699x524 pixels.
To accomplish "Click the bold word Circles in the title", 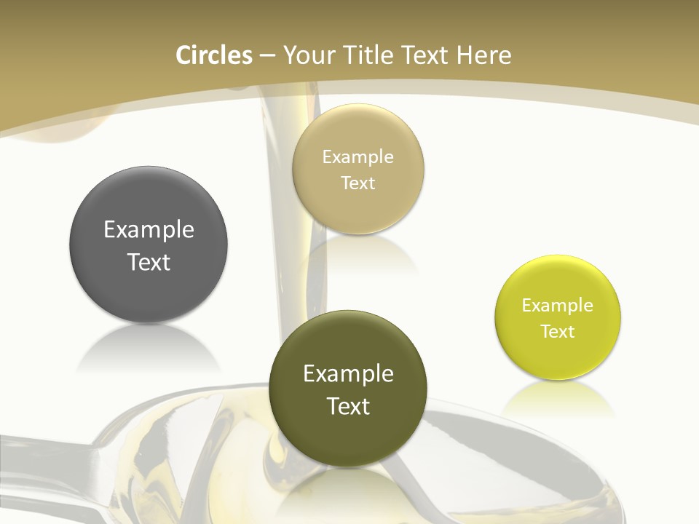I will click(213, 55).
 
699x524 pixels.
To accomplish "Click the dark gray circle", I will click(149, 245).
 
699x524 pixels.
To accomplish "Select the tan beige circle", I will click(358, 170).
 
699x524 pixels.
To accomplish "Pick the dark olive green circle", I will click(348, 389).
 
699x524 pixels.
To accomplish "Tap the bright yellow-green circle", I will click(558, 318).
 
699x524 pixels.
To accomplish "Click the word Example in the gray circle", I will click(149, 230).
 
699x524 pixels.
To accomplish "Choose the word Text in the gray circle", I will click(149, 262).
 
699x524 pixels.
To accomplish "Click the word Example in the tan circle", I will click(358, 157).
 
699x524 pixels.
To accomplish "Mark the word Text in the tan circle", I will click(358, 183).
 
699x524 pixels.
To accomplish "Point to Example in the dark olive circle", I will click(348, 374).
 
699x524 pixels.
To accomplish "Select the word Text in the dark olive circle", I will click(348, 406).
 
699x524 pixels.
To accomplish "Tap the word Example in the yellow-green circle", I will click(558, 306).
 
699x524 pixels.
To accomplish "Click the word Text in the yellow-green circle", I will click(558, 332).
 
